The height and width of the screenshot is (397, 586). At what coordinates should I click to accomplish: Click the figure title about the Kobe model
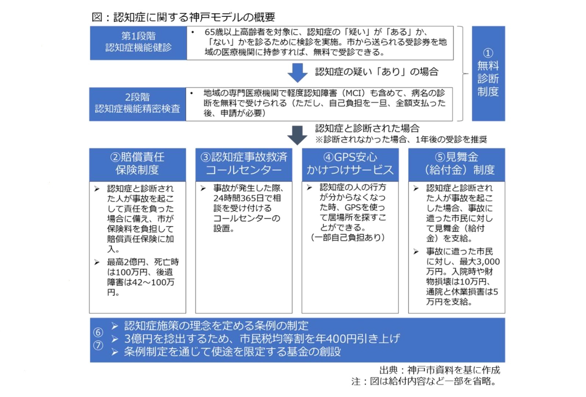pyautogui.click(x=183, y=17)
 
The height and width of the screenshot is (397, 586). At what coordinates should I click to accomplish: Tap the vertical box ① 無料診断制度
pyautogui.click(x=488, y=73)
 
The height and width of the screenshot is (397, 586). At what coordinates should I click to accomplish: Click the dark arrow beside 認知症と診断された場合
pyautogui.click(x=297, y=135)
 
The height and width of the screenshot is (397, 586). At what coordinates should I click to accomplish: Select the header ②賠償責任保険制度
pyautogui.click(x=137, y=164)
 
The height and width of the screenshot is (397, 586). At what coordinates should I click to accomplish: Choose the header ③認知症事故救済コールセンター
pyautogui.click(x=244, y=164)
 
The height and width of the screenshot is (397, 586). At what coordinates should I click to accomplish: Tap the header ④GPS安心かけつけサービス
pyautogui.click(x=350, y=164)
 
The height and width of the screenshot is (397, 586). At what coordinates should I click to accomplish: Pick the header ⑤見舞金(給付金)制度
pyautogui.click(x=456, y=164)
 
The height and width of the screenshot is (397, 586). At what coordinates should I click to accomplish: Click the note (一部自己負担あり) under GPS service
pyautogui.click(x=348, y=238)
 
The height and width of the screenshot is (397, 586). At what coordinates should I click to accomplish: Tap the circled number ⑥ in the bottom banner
pyautogui.click(x=98, y=332)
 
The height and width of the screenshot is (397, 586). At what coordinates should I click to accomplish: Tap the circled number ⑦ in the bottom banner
pyautogui.click(x=98, y=345)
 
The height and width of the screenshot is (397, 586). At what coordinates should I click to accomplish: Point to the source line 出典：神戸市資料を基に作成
pyautogui.click(x=440, y=370)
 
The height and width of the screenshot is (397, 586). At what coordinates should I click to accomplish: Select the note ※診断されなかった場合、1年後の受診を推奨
pyautogui.click(x=401, y=139)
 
